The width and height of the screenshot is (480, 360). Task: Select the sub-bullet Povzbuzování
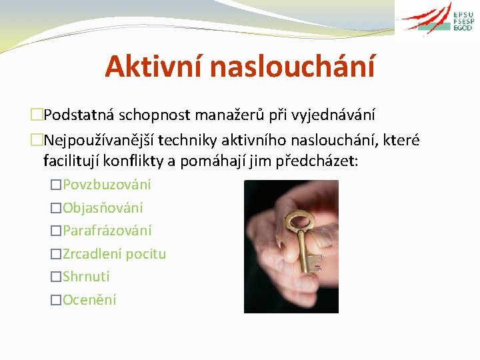pos(107,184)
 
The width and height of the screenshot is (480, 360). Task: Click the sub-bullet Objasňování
pos(103,207)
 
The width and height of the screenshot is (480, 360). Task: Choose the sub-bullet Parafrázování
pos(107,231)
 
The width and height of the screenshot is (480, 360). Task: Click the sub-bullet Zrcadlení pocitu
pos(114,254)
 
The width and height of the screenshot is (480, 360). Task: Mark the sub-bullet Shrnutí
pos(86,277)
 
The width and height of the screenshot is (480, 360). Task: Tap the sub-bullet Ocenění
pos(89,300)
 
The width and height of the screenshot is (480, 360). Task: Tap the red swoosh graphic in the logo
pos(427,19)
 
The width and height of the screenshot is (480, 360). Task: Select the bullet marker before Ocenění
pos(56,300)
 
